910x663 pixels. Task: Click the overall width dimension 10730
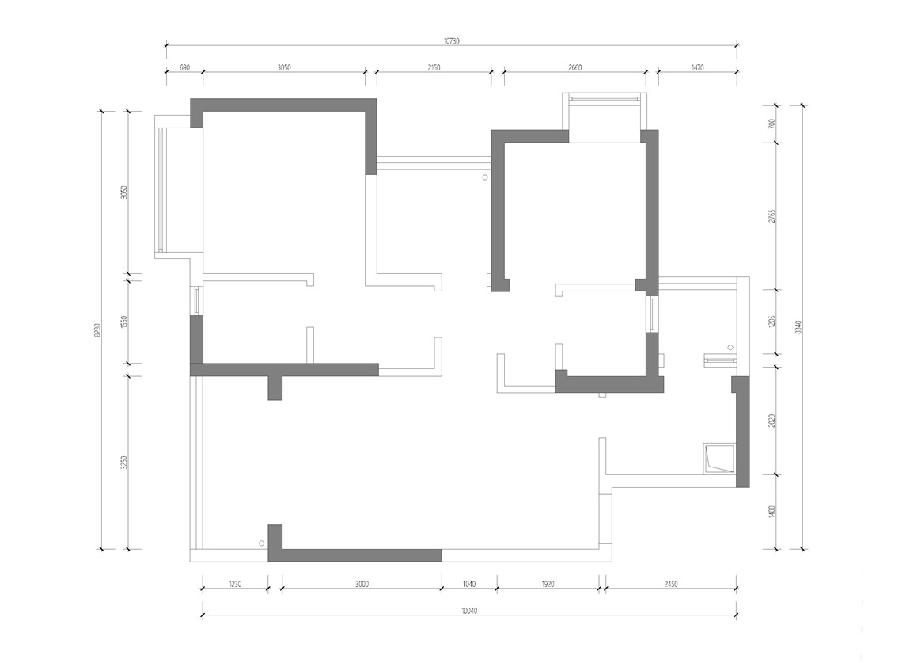tap(451, 40)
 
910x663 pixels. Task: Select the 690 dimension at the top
tap(184, 67)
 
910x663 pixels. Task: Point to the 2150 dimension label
tap(434, 67)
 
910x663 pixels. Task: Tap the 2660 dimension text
tap(574, 67)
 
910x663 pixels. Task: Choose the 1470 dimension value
tap(698, 67)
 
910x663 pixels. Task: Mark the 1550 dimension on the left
tap(123, 322)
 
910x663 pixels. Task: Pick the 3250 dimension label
tap(123, 463)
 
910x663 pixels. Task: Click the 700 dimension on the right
tap(772, 124)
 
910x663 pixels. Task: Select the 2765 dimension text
tap(772, 216)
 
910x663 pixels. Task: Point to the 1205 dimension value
tap(772, 322)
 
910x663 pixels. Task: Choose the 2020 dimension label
tap(772, 421)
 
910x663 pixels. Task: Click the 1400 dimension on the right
tap(772, 512)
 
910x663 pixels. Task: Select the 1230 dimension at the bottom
tap(234, 584)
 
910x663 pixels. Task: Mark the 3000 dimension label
tap(362, 584)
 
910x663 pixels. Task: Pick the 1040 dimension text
tap(469, 584)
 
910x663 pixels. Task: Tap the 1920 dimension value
tap(548, 584)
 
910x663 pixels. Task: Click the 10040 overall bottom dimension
tap(469, 611)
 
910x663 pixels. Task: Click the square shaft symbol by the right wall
tap(719, 459)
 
